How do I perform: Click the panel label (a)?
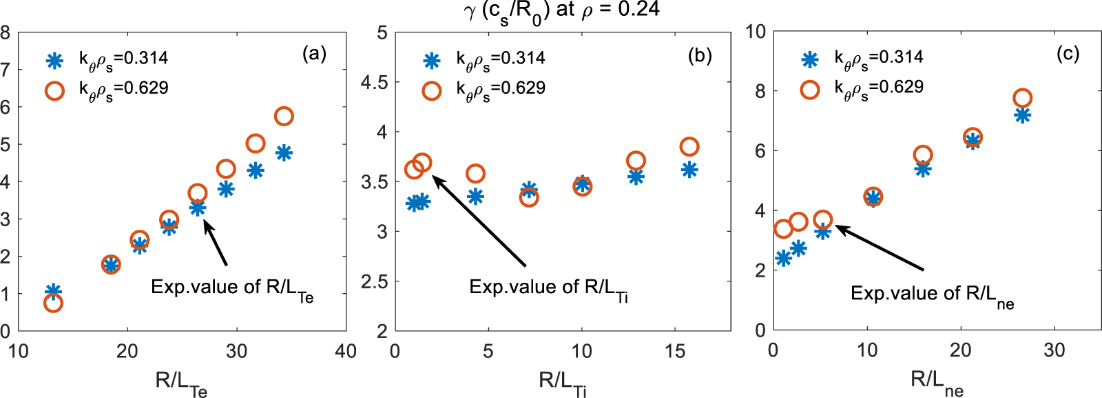pyautogui.click(x=314, y=54)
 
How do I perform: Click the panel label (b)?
pyautogui.click(x=700, y=55)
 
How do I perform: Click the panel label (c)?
pyautogui.click(x=1068, y=54)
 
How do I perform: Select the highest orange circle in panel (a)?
pyautogui.click(x=284, y=116)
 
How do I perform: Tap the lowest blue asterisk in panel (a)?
pyautogui.click(x=53, y=292)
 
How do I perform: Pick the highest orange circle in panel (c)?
pyautogui.click(x=1022, y=98)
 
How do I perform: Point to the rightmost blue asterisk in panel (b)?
pyautogui.click(x=689, y=170)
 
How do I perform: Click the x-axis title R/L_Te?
pyautogui.click(x=181, y=381)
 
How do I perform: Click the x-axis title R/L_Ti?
pyautogui.click(x=562, y=381)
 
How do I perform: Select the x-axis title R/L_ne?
pyautogui.click(x=937, y=381)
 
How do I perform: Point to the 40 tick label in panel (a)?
pyautogui.click(x=346, y=351)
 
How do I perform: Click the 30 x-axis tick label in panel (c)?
pyautogui.click(x=1054, y=350)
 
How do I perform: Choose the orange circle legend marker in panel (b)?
pyautogui.click(x=432, y=90)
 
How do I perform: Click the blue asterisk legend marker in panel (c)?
pyautogui.click(x=810, y=59)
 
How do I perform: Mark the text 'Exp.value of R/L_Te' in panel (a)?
pyautogui.click(x=232, y=288)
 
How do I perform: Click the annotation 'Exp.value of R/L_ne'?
pyautogui.click(x=932, y=295)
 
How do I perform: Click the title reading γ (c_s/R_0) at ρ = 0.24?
pyautogui.click(x=561, y=10)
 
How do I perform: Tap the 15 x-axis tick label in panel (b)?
pyautogui.click(x=675, y=351)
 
